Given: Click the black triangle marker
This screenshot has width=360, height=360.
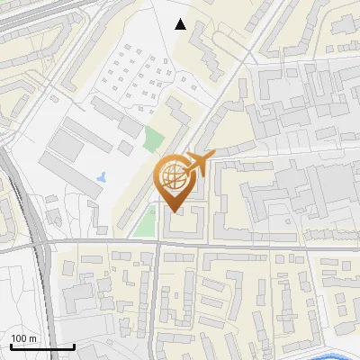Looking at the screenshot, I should [181, 24].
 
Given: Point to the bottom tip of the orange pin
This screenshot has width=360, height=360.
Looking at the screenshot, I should [174, 211].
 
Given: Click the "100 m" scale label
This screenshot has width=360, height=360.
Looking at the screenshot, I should [23, 338].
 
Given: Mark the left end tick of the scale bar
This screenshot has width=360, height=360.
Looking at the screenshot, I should [11, 346].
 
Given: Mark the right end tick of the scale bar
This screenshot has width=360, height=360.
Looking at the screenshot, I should [74, 346].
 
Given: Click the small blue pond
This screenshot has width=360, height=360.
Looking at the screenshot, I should [101, 175].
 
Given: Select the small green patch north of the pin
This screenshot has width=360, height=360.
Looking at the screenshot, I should [154, 140].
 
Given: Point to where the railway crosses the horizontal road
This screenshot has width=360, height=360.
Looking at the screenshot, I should [40, 243].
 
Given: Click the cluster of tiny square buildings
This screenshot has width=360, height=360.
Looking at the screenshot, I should [135, 76].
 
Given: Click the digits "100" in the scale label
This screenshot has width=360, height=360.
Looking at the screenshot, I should [19, 338].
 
